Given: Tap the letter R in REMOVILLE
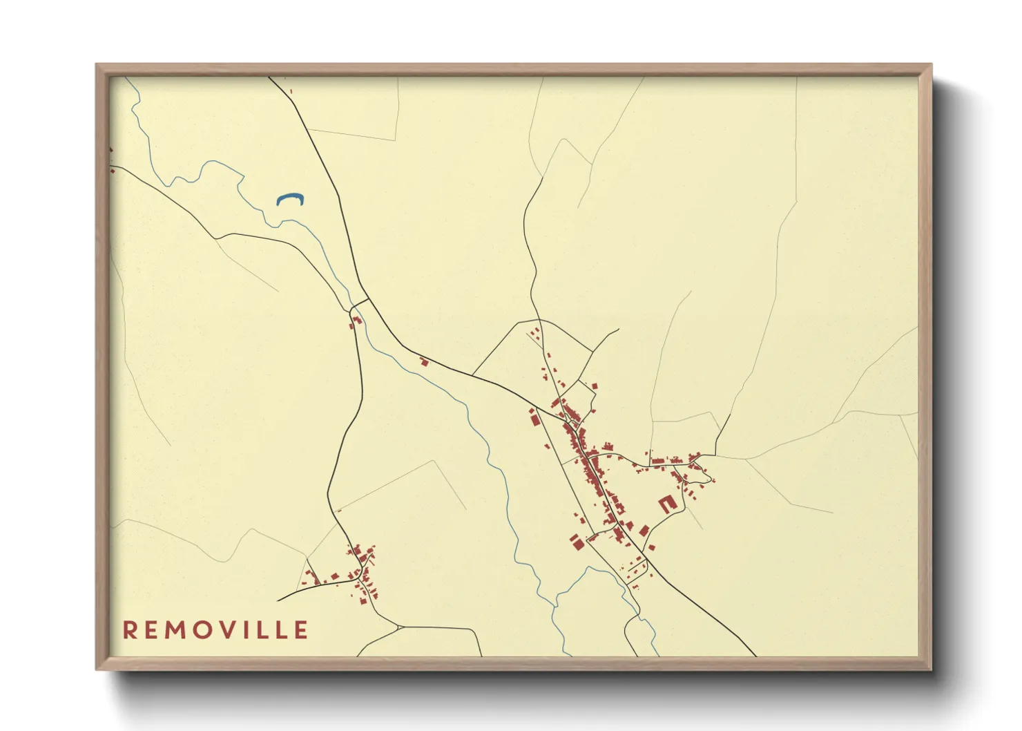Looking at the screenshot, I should [129, 630].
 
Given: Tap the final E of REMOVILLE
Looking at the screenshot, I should [302, 630].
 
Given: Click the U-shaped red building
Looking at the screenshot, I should [666, 504].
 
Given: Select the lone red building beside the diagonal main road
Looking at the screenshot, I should [425, 361].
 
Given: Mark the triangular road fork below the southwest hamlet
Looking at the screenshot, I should [398, 627].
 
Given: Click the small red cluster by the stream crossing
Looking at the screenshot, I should [356, 321].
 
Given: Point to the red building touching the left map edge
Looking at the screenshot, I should [111, 149].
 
